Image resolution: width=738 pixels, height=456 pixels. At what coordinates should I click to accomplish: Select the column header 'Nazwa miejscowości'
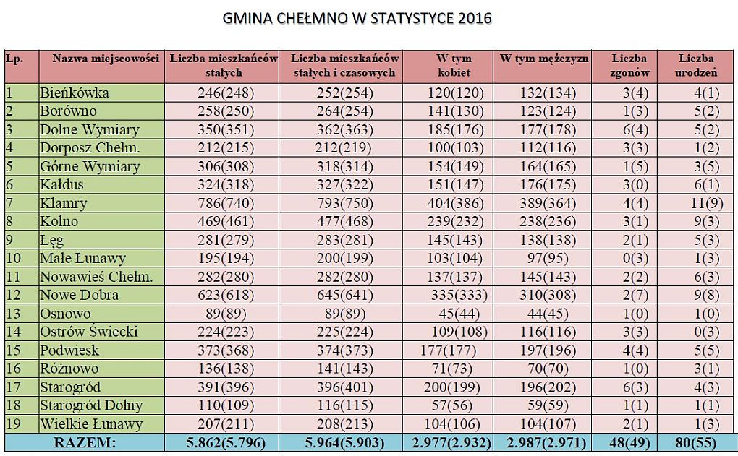106,59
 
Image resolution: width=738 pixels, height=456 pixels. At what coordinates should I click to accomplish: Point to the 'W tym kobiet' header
454,65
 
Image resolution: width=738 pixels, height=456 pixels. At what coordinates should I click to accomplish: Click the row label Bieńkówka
75,93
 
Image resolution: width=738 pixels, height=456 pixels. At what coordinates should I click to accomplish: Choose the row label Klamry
64,203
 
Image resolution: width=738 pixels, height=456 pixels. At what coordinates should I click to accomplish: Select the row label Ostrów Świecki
89,332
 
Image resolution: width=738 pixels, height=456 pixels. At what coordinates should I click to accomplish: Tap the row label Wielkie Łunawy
91,423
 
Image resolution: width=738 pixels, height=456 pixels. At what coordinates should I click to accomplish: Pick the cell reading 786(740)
225,203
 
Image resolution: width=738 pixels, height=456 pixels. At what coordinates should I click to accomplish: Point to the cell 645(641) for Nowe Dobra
344,295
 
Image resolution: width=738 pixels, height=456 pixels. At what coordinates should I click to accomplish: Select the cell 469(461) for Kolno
225,221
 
